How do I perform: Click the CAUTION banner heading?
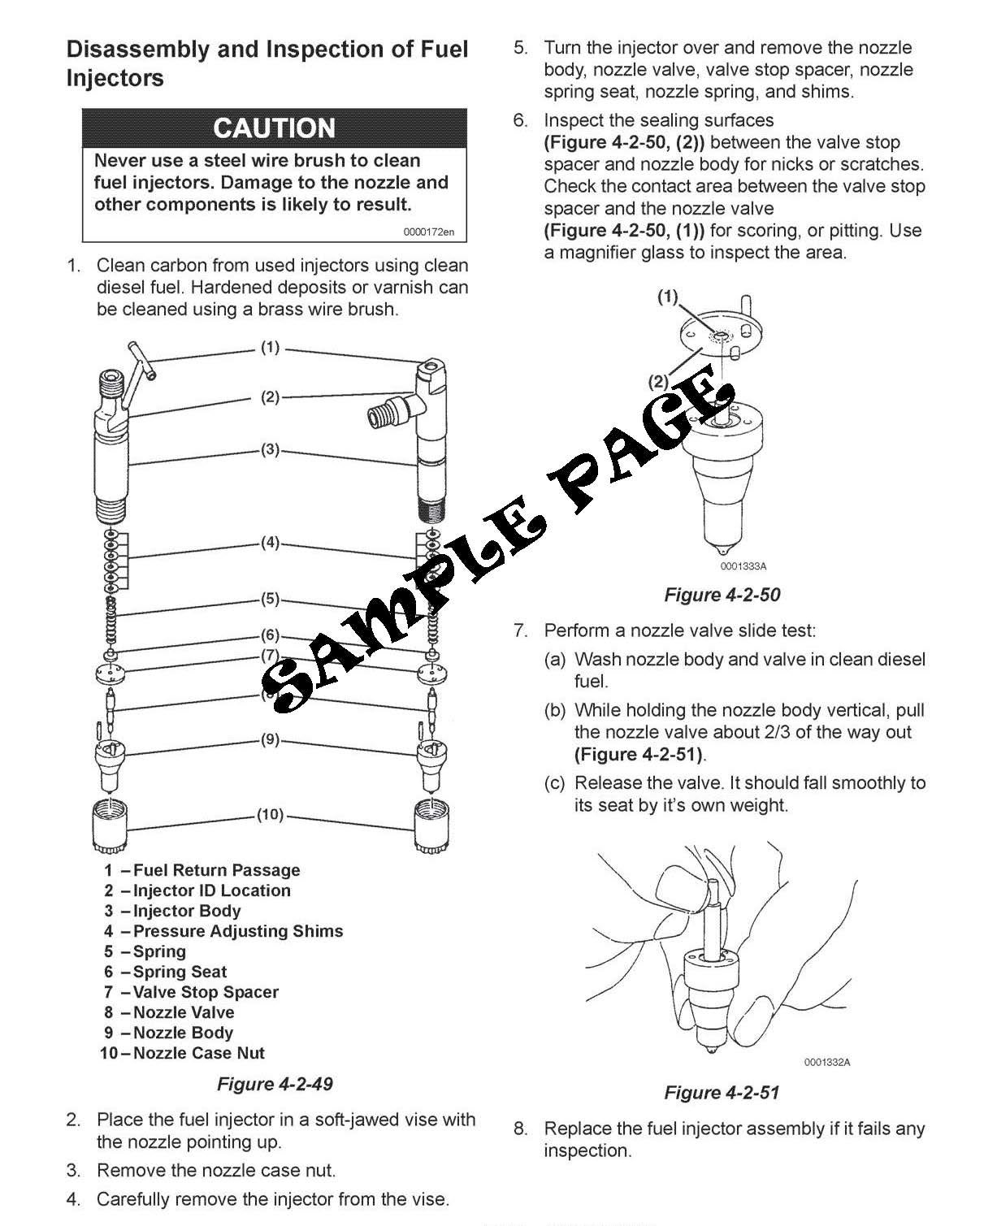(x=274, y=128)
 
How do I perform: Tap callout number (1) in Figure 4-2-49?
(x=270, y=348)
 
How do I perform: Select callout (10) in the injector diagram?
(x=270, y=814)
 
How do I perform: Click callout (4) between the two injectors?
(x=270, y=543)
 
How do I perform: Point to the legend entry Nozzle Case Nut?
(x=198, y=1053)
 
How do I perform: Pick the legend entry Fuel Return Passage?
(x=216, y=870)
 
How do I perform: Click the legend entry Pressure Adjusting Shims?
(x=237, y=931)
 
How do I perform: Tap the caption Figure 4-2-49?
(x=275, y=1084)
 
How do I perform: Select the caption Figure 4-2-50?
(x=722, y=595)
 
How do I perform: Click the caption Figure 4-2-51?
(x=722, y=1092)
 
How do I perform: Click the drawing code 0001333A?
(x=743, y=566)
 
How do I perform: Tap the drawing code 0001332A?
(x=827, y=1062)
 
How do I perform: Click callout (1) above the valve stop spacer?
(x=667, y=297)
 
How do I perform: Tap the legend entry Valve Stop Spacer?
(x=206, y=992)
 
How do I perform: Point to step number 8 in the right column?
(x=520, y=1129)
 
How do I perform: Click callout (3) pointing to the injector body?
(x=270, y=449)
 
